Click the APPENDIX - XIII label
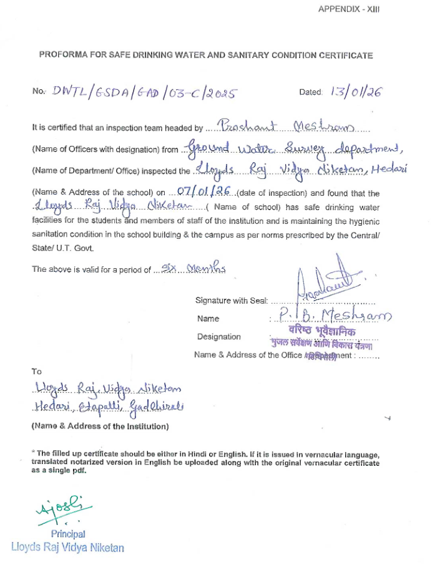349,9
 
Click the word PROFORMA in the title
60,55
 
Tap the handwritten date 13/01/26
356,92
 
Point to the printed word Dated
310,92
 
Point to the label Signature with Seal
231,301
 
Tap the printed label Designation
218,337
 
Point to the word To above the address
37,372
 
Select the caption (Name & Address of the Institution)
100,427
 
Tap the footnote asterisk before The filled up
33,452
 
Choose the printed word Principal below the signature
68,534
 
